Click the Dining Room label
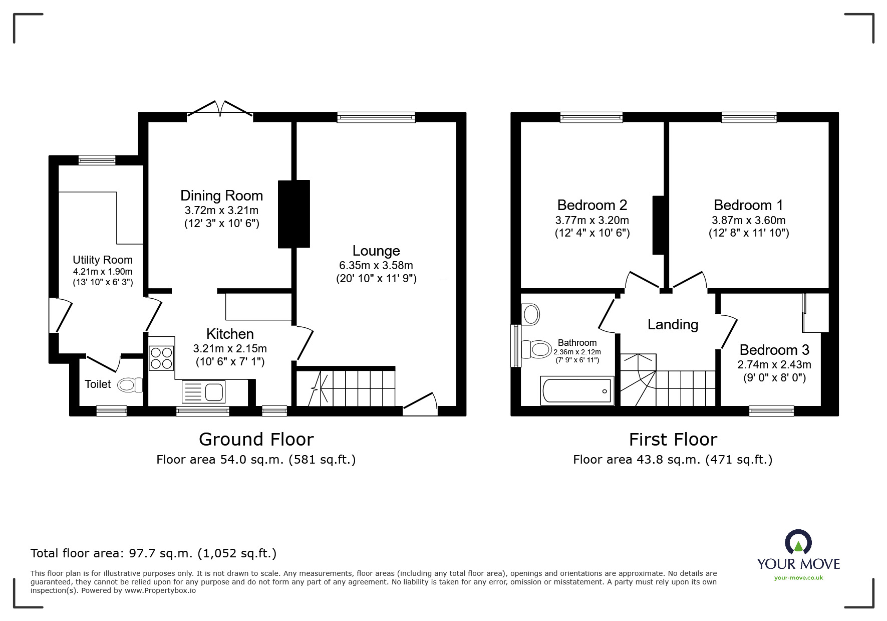click(221, 195)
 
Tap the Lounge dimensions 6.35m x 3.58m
click(376, 265)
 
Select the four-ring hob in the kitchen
click(161, 358)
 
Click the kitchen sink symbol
click(204, 391)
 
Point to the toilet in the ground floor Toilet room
click(130, 385)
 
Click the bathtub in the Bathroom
click(577, 391)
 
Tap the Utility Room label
click(103, 260)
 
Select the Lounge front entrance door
click(421, 403)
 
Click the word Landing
click(673, 324)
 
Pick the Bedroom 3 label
click(774, 350)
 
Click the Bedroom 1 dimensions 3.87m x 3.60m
click(748, 220)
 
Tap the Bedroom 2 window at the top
click(592, 117)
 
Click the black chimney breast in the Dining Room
click(294, 214)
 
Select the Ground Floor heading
click(256, 439)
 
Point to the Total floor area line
click(153, 553)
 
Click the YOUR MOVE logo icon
click(798, 542)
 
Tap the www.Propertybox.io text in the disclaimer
click(160, 590)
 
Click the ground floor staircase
click(346, 387)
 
